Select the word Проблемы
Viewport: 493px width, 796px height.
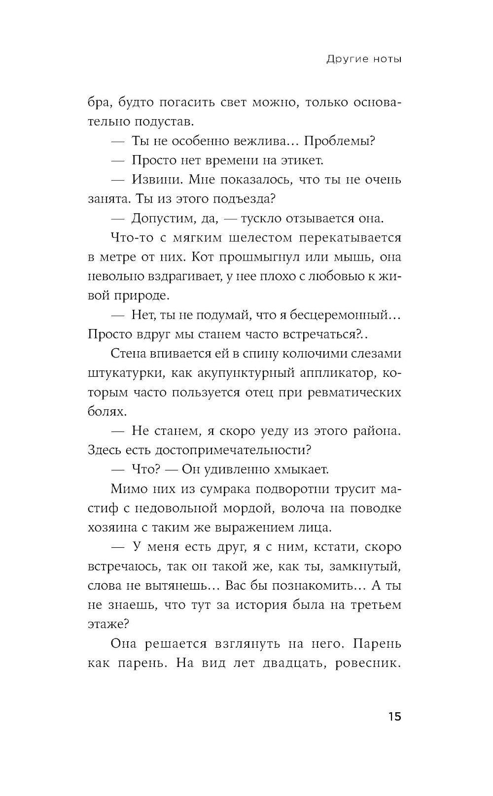[339, 141]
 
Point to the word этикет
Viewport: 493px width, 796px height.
[300, 161]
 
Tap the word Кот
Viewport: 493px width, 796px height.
[201, 257]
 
